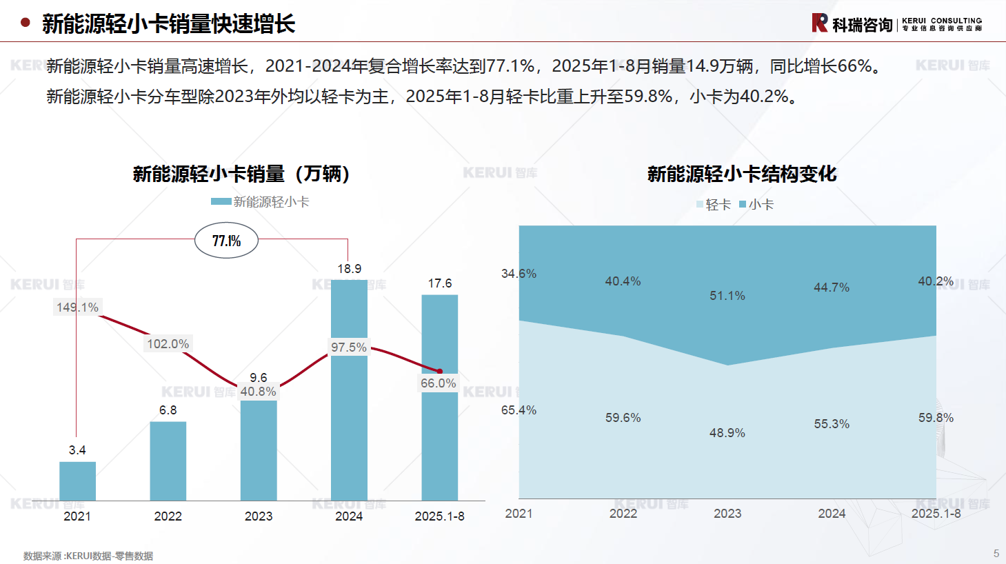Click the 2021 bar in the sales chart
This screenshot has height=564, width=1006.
77,481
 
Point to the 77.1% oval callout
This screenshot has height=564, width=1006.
226,241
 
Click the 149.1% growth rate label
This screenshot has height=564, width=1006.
77,307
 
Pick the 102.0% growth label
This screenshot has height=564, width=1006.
168,343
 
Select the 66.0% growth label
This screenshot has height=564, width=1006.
439,383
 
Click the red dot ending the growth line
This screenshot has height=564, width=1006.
439,372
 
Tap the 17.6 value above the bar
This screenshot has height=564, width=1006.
440,283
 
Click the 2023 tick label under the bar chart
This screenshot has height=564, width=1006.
259,516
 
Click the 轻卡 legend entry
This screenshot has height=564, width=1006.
714,205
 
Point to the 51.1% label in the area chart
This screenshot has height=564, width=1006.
727,296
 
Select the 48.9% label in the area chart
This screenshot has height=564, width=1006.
727,433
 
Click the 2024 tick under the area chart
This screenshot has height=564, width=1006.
832,514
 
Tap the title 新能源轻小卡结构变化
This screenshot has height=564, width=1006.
742,174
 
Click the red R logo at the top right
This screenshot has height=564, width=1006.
819,23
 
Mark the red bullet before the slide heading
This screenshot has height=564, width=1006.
26,23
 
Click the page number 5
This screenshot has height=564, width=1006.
996,554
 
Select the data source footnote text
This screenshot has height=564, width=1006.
88,556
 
